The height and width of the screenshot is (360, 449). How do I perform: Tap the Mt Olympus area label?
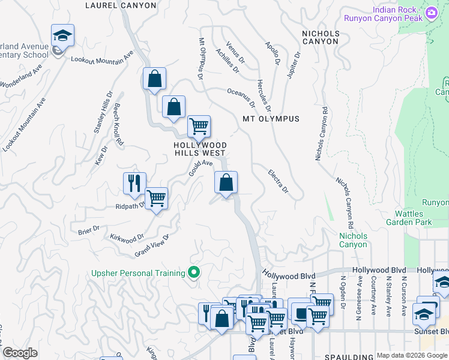click(271, 119)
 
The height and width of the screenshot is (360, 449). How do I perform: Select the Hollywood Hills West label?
click(200, 149)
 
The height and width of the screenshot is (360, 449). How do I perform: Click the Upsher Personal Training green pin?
click(193, 273)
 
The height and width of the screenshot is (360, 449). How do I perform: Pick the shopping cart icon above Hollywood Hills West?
click(199, 126)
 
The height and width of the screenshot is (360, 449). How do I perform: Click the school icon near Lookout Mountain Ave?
click(62, 37)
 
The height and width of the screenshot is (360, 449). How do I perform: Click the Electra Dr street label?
click(278, 181)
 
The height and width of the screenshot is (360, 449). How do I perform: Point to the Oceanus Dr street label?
click(241, 98)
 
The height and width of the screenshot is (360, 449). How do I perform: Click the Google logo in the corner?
click(20, 353)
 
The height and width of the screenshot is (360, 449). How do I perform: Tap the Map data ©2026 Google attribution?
click(412, 355)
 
